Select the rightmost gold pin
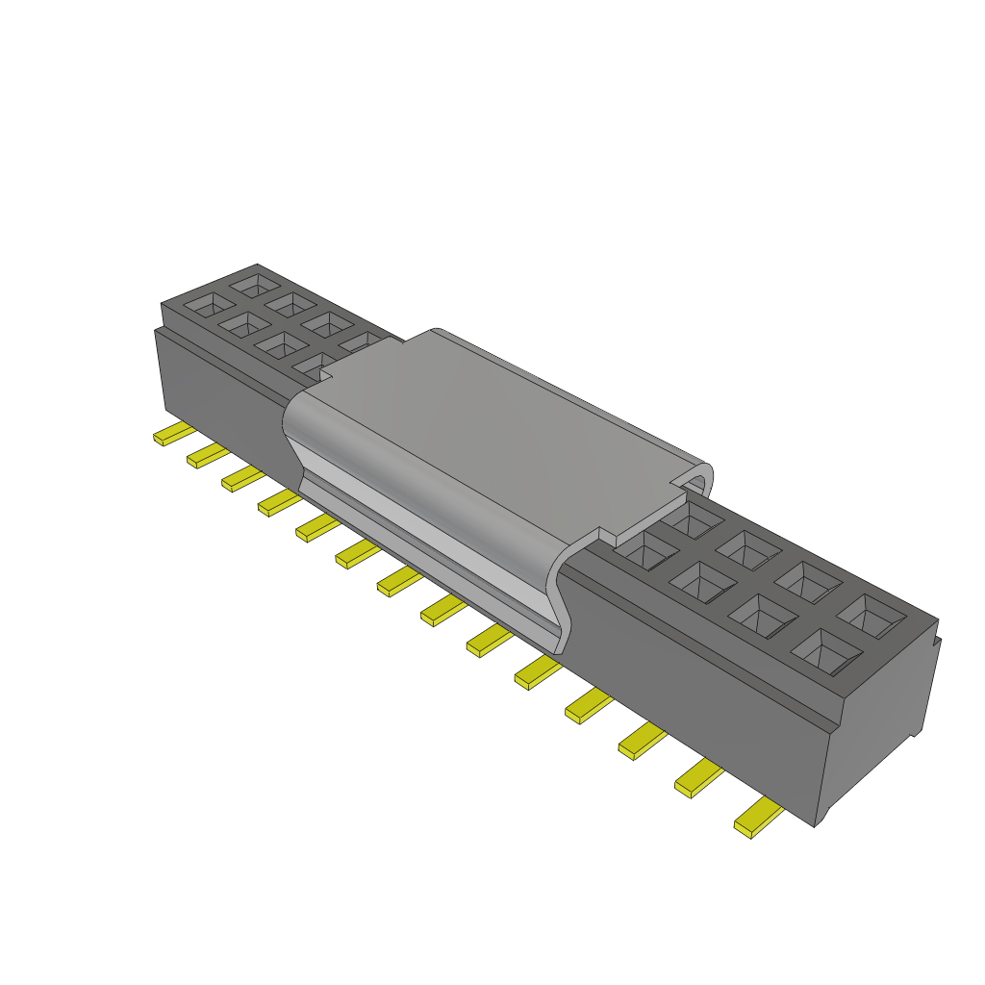coord(757,819)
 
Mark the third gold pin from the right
coord(642,741)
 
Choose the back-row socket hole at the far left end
coord(256,284)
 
